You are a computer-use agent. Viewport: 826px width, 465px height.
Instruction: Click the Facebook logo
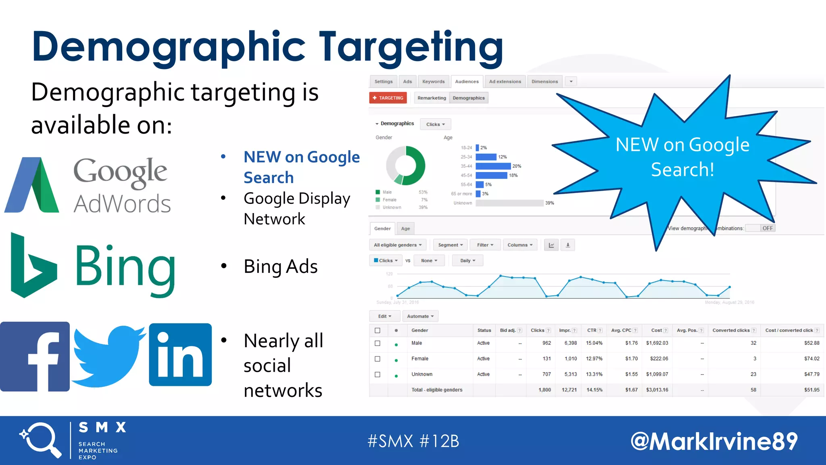point(35,356)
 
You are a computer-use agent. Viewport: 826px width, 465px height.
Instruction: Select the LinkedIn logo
point(180,355)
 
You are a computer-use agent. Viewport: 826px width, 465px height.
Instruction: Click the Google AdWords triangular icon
point(32,186)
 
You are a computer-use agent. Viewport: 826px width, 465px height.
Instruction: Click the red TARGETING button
point(388,98)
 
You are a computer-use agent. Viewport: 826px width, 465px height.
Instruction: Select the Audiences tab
point(467,82)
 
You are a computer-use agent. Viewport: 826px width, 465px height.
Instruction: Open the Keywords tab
point(433,82)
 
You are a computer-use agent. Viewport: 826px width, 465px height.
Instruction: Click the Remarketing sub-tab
point(432,98)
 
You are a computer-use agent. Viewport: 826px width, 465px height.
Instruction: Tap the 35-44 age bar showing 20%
point(493,166)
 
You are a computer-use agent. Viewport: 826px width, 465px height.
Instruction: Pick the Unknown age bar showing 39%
point(509,203)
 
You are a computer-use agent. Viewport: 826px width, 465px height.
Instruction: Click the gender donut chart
point(406,165)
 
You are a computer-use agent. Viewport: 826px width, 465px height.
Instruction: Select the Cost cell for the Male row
point(657,343)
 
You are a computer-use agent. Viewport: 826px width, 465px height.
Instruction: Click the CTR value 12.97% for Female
point(594,358)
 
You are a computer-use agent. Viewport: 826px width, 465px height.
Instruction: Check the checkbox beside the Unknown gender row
point(378,374)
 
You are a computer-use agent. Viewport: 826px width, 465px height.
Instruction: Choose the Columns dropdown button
point(520,245)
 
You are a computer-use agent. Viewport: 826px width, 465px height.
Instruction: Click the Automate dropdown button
point(420,316)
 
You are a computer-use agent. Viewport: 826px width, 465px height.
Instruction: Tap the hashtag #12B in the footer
point(439,441)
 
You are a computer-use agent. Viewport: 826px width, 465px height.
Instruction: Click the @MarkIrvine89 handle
point(714,441)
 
